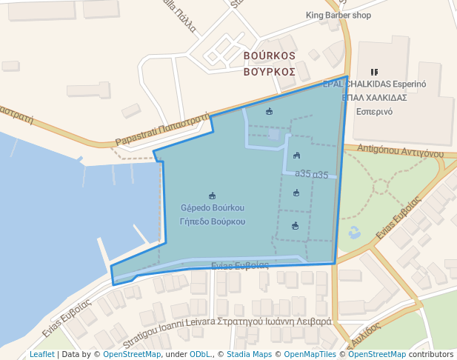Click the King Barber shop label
[338, 15]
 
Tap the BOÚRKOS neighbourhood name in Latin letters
[270, 56]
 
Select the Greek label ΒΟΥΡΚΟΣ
[270, 72]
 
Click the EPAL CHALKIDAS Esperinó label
[375, 84]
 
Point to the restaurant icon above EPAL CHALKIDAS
[373, 72]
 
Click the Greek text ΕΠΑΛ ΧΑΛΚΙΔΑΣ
[374, 97]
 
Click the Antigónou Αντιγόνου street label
[400, 151]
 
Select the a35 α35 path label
[311, 175]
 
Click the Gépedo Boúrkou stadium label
[213, 207]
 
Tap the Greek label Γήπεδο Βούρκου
[213, 221]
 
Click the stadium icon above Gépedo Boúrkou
[213, 196]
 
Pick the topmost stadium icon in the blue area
[269, 112]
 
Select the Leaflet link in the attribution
[41, 354]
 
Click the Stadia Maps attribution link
[249, 354]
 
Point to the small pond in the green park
[353, 232]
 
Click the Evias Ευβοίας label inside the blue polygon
[239, 265]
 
